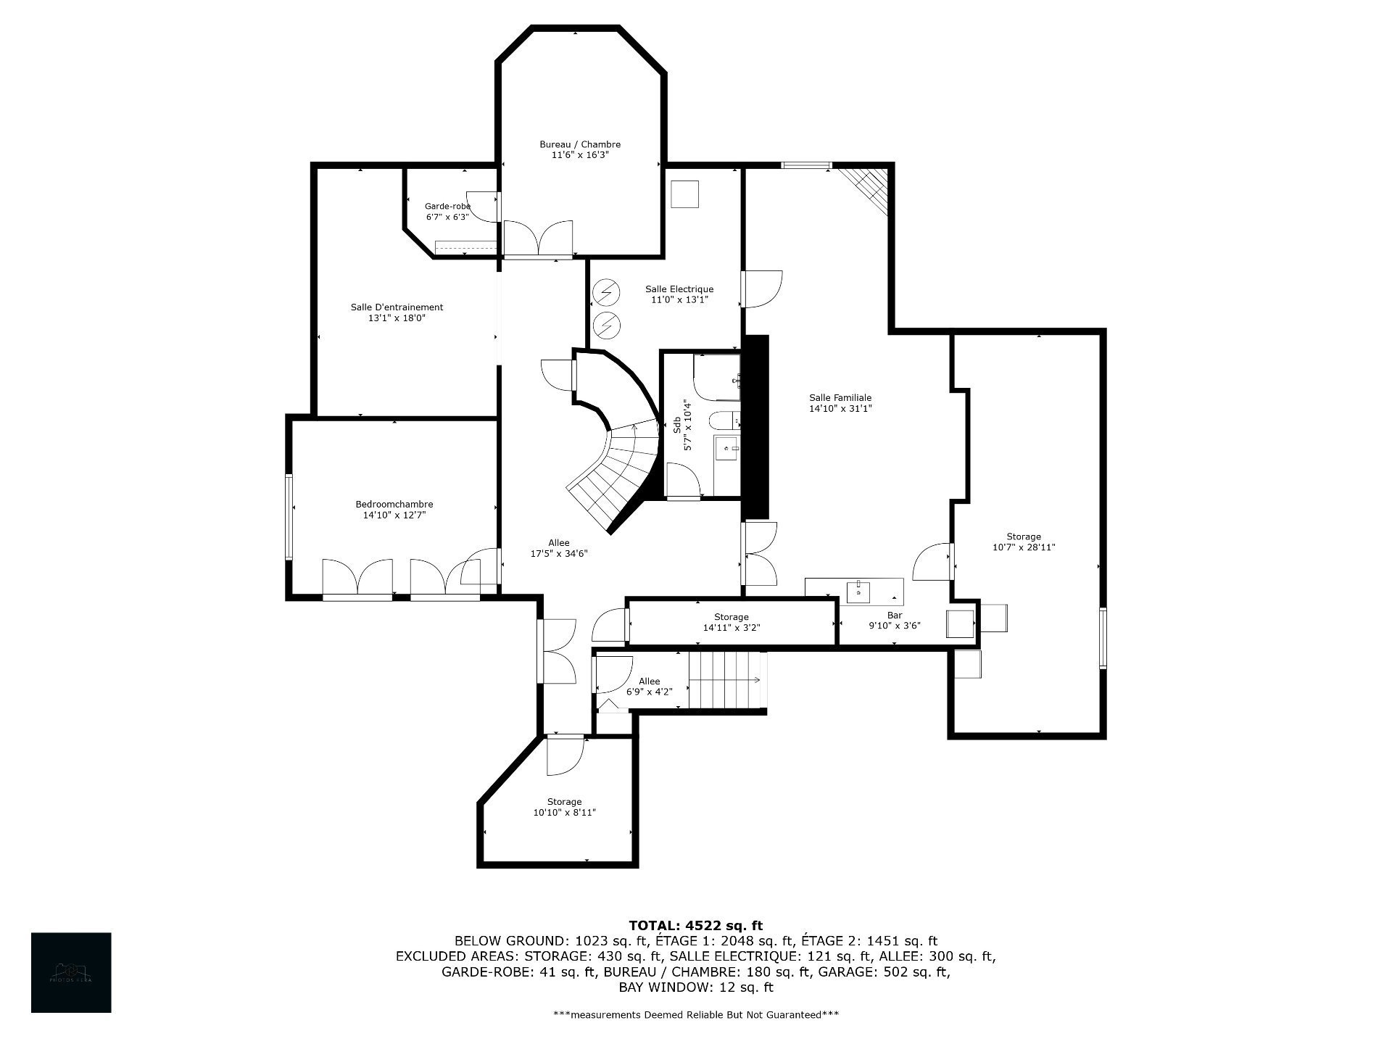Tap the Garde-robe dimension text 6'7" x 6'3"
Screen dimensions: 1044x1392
pos(447,217)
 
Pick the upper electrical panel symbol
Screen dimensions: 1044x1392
pos(606,293)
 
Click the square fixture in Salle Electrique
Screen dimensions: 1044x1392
pos(684,194)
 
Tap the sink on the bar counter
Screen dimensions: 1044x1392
pos(859,592)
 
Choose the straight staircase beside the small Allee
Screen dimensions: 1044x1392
pos(725,680)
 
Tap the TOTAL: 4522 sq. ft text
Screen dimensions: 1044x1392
pos(695,926)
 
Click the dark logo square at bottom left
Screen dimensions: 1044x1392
pos(71,972)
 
